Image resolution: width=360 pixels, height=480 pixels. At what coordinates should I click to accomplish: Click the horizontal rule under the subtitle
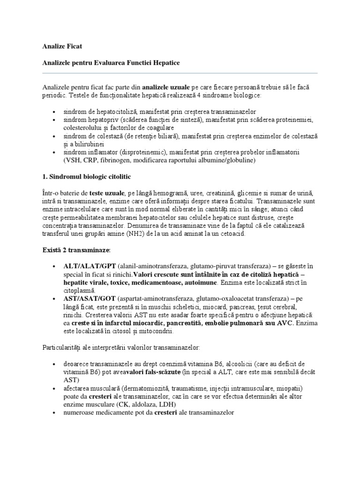click(180, 73)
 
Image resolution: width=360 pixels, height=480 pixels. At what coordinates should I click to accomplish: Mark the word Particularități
click(62, 347)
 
